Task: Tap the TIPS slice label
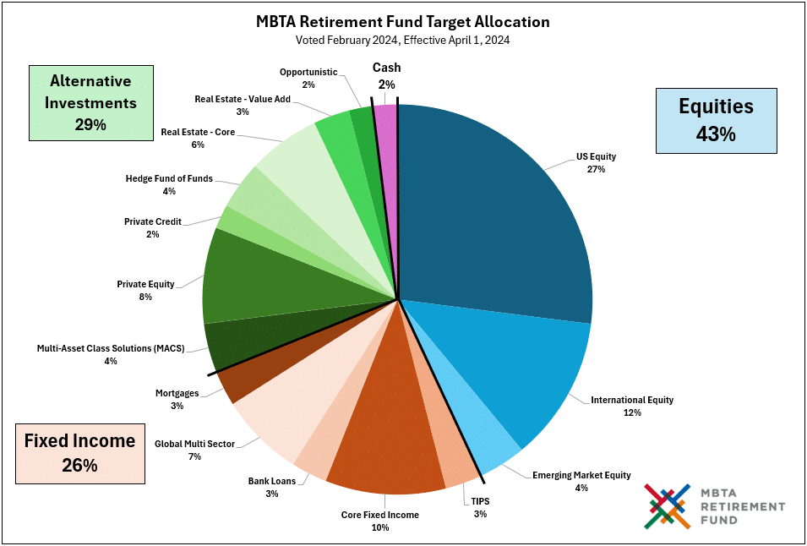click(480, 507)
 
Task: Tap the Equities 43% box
click(716, 118)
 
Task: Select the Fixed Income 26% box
click(79, 452)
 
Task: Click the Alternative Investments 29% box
click(90, 102)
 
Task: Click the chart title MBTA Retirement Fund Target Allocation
click(403, 21)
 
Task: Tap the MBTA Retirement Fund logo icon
click(668, 505)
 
